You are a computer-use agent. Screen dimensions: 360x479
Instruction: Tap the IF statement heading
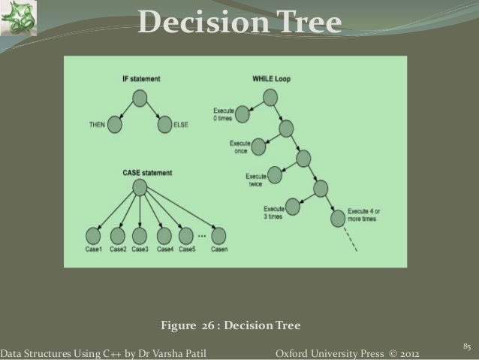(140, 78)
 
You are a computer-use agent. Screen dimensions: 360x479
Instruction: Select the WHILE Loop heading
(271, 78)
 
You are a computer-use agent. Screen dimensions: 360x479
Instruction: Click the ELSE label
(181, 124)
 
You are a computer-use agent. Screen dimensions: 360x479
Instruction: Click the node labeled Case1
(95, 233)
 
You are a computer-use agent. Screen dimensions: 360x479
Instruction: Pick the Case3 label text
(140, 249)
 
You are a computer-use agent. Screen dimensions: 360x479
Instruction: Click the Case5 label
(187, 249)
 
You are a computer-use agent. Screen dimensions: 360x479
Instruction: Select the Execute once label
(239, 147)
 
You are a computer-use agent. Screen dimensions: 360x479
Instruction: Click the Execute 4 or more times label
(364, 215)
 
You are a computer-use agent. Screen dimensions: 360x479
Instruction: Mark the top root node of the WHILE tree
(270, 96)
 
